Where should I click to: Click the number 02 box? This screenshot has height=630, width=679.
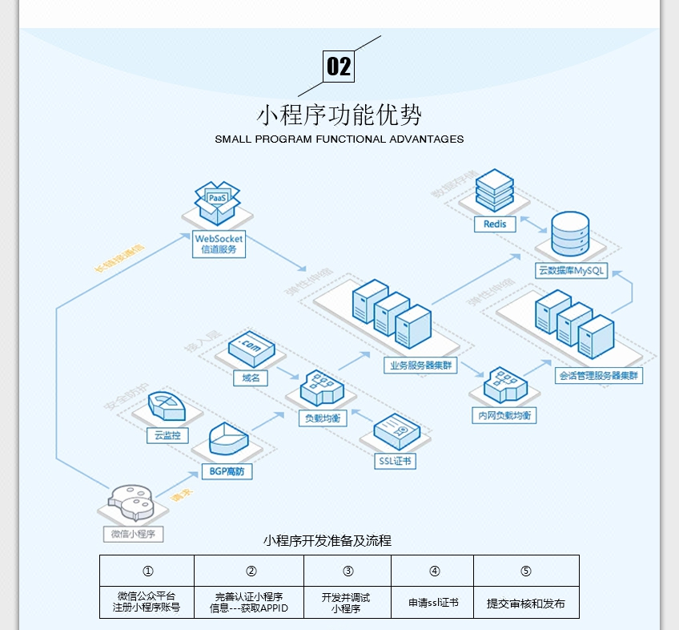point(339,66)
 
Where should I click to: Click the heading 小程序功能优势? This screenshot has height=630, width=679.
point(339,115)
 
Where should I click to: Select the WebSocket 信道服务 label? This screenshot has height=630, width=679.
point(219,244)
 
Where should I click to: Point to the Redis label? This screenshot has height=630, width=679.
point(495,224)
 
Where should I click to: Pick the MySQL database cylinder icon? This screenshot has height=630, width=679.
point(570,234)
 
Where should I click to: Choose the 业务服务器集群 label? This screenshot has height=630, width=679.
point(420,365)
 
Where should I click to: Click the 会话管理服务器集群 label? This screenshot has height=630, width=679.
point(599,375)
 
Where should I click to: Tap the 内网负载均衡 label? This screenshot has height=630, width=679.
point(503,415)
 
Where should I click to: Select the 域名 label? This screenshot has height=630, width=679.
point(251,378)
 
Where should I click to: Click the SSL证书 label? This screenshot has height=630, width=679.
point(396,461)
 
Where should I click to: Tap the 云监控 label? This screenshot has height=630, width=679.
point(167,436)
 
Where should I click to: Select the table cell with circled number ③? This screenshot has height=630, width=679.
point(348,571)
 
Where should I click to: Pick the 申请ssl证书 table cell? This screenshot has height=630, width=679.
point(432,603)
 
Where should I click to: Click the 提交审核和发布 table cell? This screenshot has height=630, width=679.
point(526,603)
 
